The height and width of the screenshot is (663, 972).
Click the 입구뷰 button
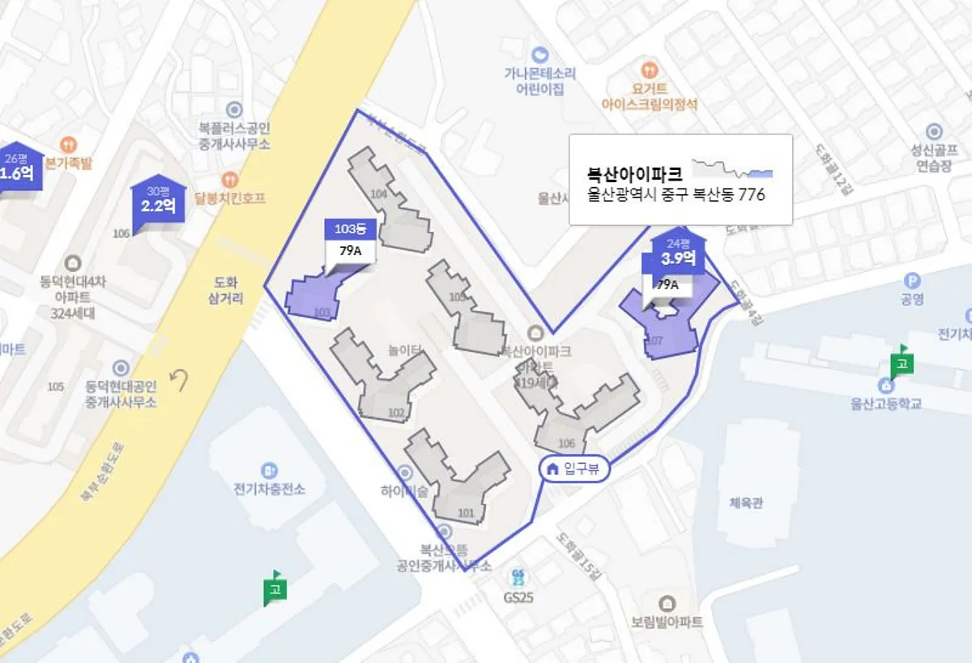[574, 469]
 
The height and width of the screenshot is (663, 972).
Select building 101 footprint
[458, 486]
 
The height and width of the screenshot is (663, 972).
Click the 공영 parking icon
[913, 281]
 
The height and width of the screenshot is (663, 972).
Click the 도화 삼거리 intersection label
[226, 291]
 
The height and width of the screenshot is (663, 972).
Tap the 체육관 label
[746, 503]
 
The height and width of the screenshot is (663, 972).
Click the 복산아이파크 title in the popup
[635, 173]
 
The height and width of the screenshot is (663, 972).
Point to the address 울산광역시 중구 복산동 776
[676, 195]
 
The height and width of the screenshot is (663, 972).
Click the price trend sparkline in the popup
[733, 168]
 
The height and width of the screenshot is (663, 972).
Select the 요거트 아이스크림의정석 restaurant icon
[648, 69]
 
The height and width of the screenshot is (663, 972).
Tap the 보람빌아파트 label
[667, 622]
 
